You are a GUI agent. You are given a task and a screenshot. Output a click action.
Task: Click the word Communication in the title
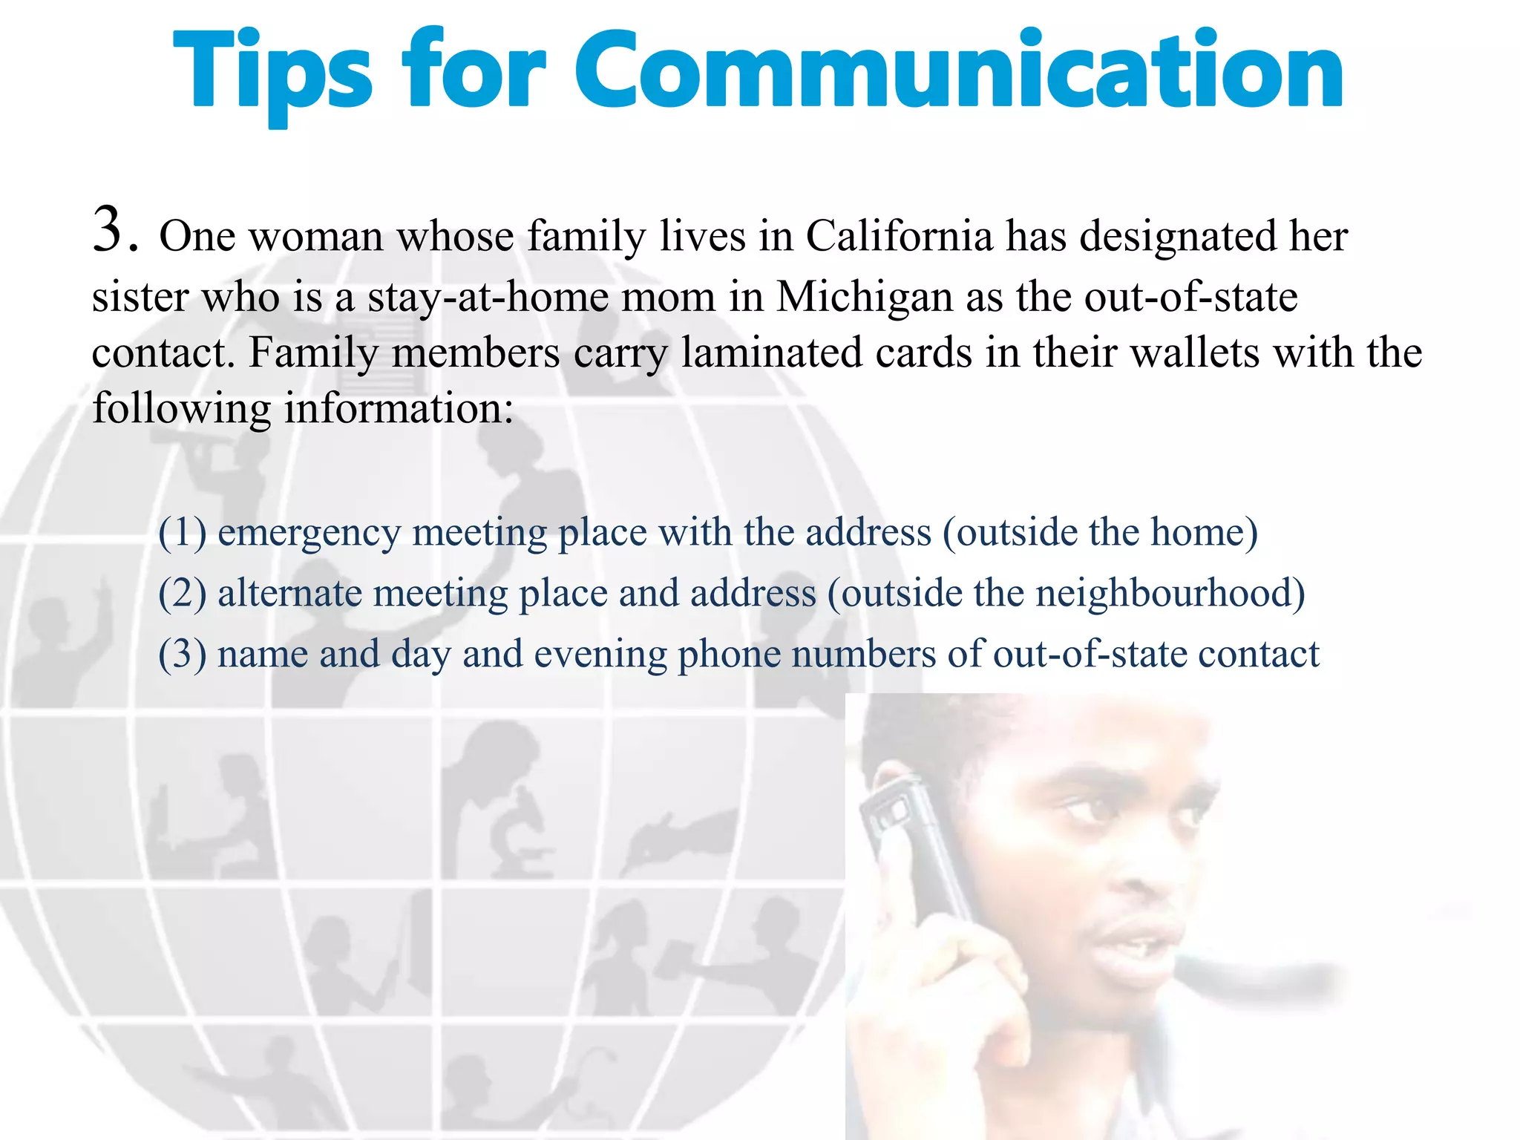(958, 71)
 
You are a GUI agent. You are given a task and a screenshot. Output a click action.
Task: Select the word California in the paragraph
(899, 237)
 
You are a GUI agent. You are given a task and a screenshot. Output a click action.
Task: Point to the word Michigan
(864, 297)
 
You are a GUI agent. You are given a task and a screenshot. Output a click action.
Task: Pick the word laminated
(771, 353)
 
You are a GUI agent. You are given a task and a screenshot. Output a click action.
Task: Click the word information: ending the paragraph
(399, 409)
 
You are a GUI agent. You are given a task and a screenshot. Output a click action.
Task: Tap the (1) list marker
(182, 533)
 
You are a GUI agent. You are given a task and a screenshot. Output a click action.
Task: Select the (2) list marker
(182, 594)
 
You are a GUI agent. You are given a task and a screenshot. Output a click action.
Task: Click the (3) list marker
(182, 655)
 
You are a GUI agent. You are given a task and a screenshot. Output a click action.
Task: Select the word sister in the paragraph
(140, 297)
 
